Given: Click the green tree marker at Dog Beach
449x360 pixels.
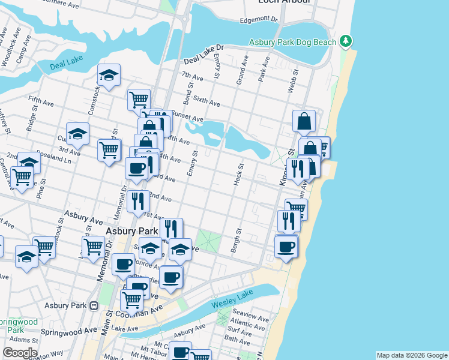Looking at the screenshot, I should click(x=345, y=41).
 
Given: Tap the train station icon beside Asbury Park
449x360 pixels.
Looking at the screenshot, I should click(x=94, y=305).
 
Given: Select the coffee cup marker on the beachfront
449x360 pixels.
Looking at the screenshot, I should click(x=286, y=245).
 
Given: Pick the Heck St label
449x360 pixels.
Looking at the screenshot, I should click(x=241, y=174).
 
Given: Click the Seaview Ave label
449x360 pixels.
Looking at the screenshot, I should click(x=250, y=316).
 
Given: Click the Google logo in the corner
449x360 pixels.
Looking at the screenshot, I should click(x=19, y=353).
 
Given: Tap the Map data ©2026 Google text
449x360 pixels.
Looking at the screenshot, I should click(x=411, y=355).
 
